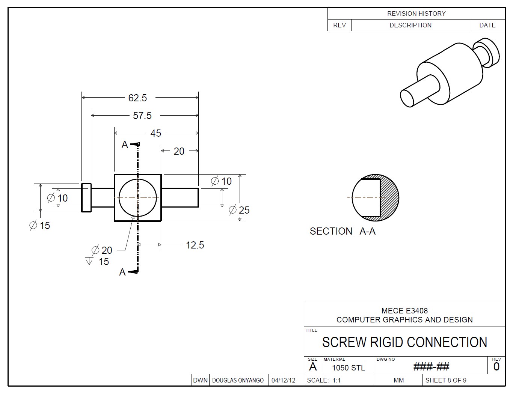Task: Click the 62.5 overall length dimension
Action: click(137, 98)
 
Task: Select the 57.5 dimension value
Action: click(142, 116)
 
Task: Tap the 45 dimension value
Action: click(155, 133)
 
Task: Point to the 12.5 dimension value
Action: click(195, 245)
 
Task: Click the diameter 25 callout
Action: click(239, 210)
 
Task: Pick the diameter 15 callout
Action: click(40, 225)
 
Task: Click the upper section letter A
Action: click(125, 145)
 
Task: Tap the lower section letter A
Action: click(122, 272)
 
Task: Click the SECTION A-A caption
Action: click(343, 231)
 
